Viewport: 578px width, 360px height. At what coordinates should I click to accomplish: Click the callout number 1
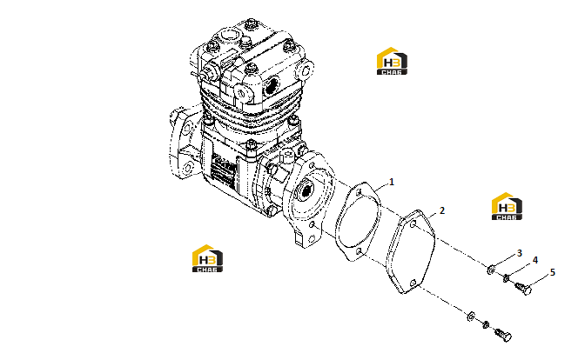coord(392,182)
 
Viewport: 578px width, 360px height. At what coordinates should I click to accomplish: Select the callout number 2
coord(442,210)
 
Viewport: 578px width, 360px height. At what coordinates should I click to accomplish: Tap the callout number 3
coord(520,253)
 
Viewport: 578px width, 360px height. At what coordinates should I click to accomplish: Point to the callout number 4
coord(535,260)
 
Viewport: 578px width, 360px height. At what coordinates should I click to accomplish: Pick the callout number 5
coord(552,272)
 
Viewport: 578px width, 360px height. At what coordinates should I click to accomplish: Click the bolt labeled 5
coord(523,288)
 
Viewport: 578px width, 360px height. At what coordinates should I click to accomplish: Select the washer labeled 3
coord(491,270)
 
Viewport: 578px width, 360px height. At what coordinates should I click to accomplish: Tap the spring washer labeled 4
coord(507,278)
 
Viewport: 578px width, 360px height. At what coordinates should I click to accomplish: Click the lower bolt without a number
coord(503,335)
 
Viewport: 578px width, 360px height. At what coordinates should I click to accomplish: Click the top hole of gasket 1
coord(359,192)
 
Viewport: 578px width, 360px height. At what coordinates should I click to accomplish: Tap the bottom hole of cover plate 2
coord(413,283)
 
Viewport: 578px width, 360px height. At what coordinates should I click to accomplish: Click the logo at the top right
coord(392,61)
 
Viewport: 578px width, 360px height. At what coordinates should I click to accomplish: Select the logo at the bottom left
coord(207,258)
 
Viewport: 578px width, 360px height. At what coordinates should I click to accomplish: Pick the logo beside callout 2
coord(507,206)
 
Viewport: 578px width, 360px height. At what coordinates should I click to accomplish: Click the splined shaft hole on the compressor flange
coord(306,192)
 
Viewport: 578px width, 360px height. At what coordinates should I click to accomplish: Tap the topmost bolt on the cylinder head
coord(252,24)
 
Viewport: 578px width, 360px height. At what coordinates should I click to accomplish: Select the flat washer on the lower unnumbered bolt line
coord(471,317)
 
